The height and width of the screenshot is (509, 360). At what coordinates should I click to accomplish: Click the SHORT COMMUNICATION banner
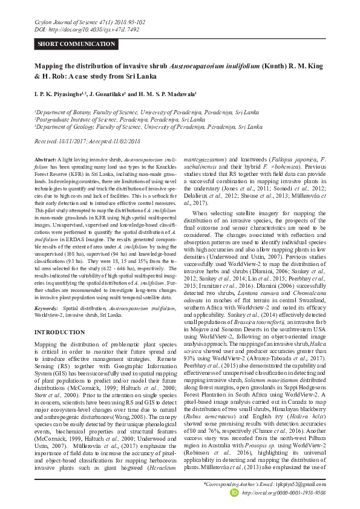[76, 44]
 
